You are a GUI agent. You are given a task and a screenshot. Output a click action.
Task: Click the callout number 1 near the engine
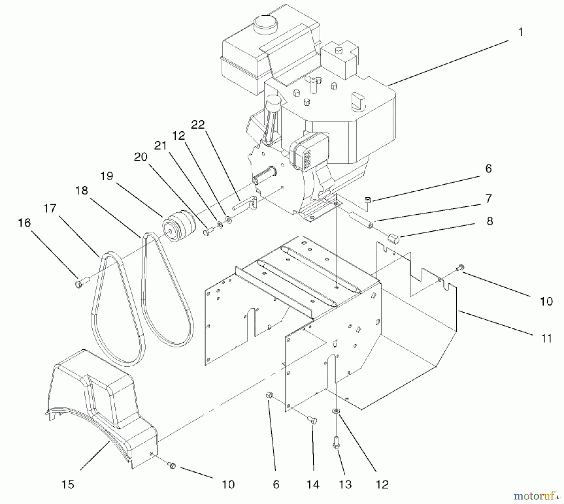point(520,33)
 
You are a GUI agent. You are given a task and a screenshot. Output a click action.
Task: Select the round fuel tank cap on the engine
point(266,23)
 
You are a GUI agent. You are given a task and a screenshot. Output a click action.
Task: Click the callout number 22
point(198,125)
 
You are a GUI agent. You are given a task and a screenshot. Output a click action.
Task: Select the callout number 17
point(50,208)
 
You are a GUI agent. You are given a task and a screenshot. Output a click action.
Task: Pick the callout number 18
point(82,191)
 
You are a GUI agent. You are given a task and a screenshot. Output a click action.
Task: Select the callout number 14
point(313,485)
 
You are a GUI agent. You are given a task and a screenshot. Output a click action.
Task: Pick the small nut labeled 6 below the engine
point(368,200)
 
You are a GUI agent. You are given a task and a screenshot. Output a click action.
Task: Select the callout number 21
point(160,146)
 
